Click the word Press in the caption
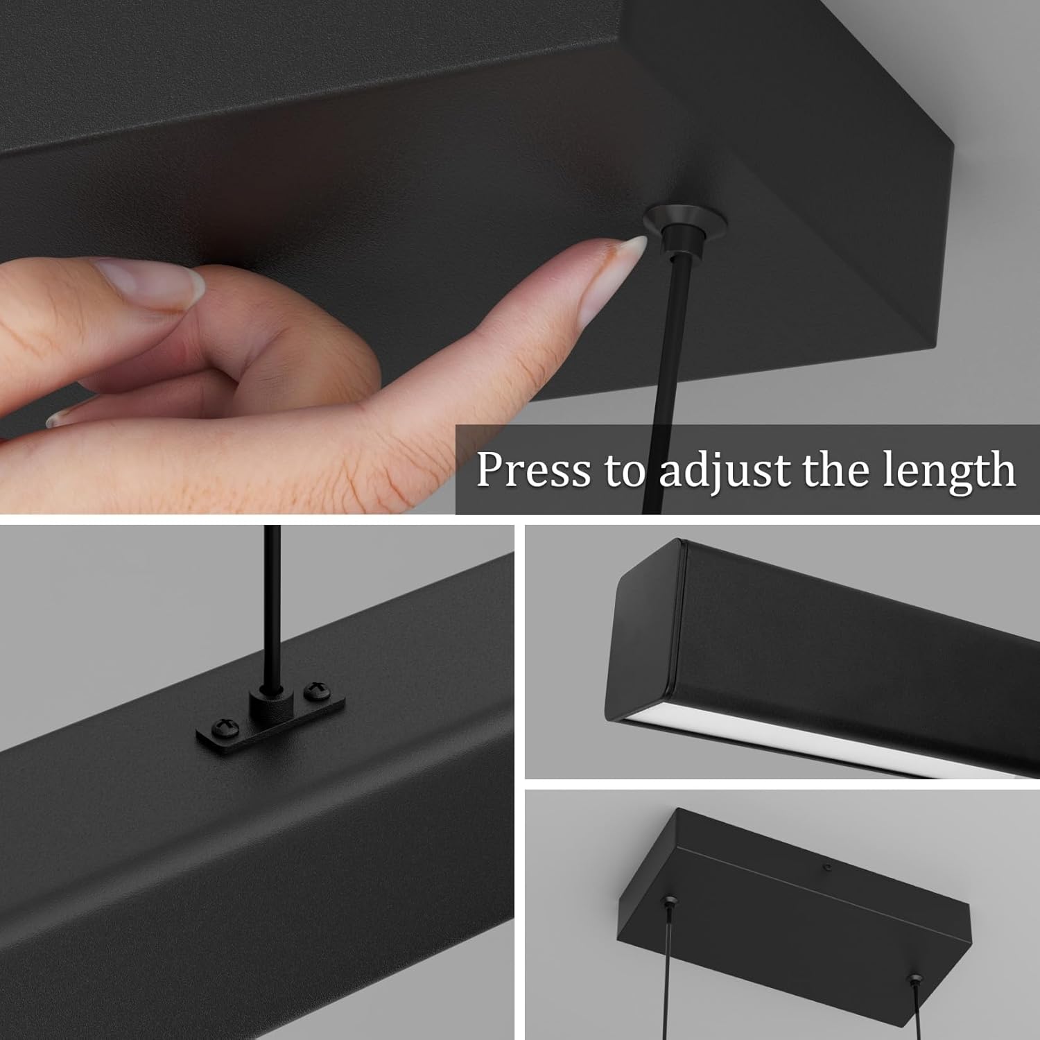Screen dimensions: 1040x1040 pos(533,469)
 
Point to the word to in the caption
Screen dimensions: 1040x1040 pos(624,471)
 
